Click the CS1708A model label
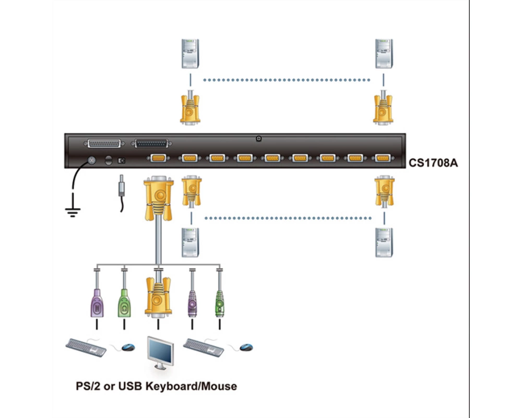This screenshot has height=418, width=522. point(433,163)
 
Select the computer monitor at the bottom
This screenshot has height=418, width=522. point(160,353)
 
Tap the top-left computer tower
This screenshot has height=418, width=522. point(190,54)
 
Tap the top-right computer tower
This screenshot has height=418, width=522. point(384,54)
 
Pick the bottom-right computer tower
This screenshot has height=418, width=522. point(384,242)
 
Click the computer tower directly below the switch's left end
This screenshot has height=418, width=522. point(190,242)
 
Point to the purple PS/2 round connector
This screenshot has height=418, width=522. point(192,304)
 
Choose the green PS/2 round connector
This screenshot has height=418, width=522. point(219,304)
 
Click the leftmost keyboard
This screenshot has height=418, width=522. point(86,347)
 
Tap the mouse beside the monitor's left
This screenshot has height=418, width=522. point(128,347)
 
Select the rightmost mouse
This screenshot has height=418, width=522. point(246,347)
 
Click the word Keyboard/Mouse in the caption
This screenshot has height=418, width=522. point(192,386)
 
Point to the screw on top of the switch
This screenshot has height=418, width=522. point(259,138)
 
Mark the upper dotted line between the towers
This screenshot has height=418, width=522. point(287,80)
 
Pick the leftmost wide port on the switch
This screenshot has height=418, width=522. point(104,143)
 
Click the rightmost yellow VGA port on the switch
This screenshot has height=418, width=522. point(383,158)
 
